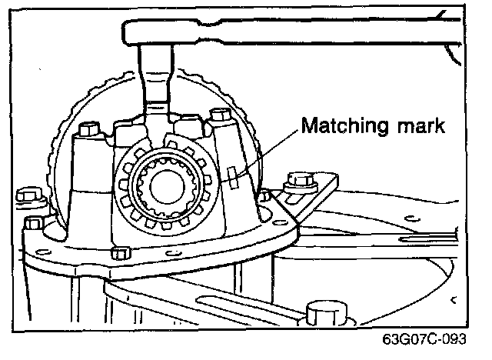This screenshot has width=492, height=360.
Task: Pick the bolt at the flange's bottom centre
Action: pyautogui.click(x=119, y=253)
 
